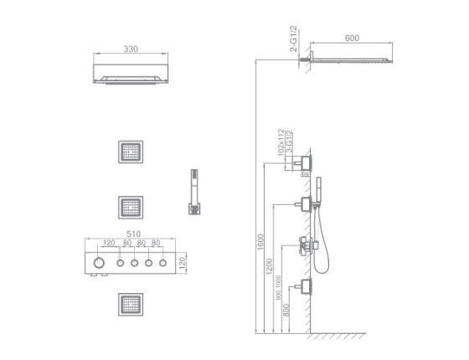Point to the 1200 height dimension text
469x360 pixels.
[267, 267]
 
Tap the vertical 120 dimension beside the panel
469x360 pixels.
[193, 262]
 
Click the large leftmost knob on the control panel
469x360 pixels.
[101, 262]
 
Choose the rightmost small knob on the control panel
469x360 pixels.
[162, 262]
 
